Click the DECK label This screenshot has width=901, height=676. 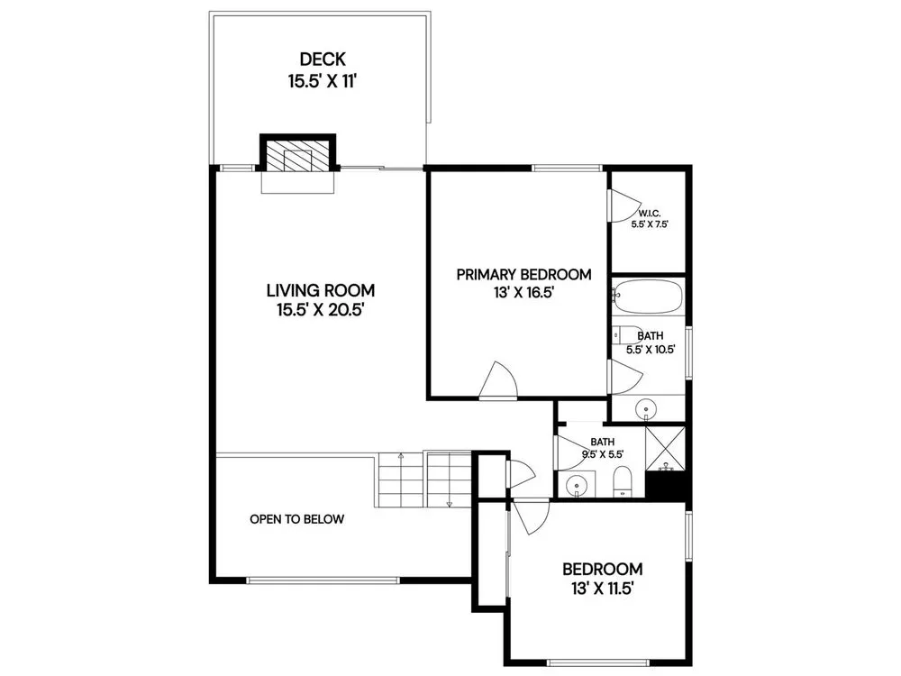point(323,59)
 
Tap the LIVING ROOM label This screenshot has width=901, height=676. point(321,290)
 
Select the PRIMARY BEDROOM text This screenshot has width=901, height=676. point(523,275)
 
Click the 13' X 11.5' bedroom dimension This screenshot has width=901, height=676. point(602,589)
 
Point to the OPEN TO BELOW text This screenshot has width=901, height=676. point(297,519)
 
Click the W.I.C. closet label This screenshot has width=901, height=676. point(650,214)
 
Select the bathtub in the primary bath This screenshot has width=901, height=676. point(647,297)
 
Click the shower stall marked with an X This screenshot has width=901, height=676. point(666,448)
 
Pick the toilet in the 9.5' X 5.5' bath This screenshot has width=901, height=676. point(623,481)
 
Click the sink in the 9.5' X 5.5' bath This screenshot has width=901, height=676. point(577,486)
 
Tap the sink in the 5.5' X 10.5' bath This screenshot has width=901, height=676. point(646,409)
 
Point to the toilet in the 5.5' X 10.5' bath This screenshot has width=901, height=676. point(626,334)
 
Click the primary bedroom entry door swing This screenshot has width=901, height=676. point(498,379)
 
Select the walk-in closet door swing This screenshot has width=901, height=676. point(624,206)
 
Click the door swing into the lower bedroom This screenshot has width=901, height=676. point(531,518)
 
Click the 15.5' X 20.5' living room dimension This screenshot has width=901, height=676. point(322,310)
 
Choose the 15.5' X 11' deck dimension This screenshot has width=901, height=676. point(323,82)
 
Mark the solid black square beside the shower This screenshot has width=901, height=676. point(666,485)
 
